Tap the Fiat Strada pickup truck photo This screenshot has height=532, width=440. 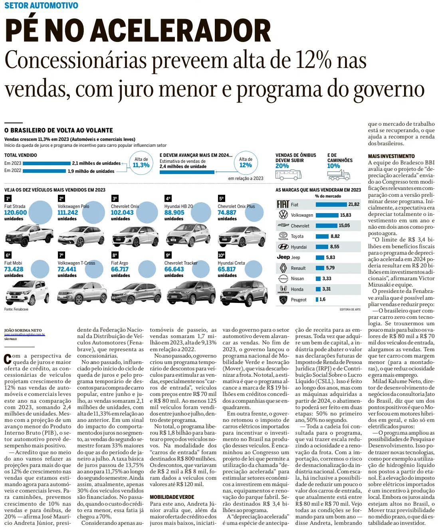click(29, 235)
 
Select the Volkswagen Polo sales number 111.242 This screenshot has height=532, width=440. click(67, 213)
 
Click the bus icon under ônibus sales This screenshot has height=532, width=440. click(288, 174)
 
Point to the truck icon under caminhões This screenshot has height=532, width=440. click(338, 174)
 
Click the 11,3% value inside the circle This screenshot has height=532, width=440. click(141, 165)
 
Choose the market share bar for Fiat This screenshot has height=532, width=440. click(331, 204)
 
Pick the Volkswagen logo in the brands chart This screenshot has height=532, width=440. click(283, 215)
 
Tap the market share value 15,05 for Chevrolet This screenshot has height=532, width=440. click(344, 225)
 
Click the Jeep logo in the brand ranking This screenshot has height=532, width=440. click(283, 257)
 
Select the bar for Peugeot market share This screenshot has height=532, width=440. click(317, 299)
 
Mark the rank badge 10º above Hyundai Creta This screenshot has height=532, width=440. click(221, 255)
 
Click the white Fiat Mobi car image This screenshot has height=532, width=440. click(27, 292)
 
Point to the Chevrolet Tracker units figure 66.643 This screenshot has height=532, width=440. click(174, 269)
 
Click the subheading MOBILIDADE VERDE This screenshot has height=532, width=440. click(172, 497)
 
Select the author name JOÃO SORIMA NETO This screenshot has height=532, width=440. click(23, 330)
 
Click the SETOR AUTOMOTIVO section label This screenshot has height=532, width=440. click(41, 6)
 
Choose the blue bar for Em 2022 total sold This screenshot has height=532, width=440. click(35, 171)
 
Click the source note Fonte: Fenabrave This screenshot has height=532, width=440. click(16, 309)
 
